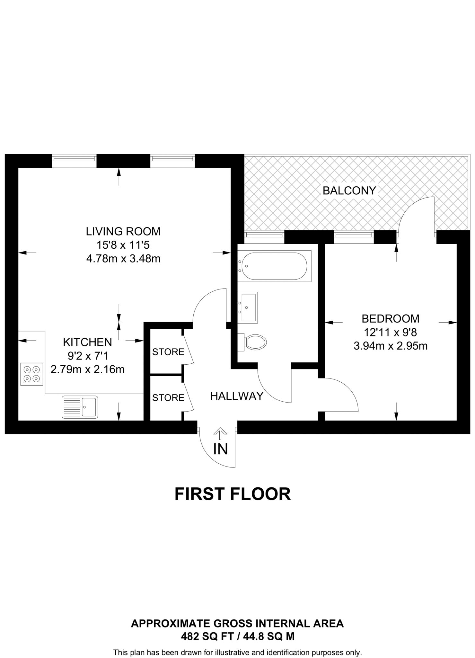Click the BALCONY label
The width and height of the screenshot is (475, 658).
(x=349, y=191)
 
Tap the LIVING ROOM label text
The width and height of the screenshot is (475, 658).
(x=123, y=231)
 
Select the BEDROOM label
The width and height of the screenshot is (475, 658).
(x=390, y=318)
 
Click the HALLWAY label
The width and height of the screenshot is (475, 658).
(x=237, y=396)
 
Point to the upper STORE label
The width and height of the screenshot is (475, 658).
(x=168, y=352)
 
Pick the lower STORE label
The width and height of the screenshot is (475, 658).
(x=168, y=398)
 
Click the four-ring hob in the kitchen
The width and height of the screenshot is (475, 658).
(x=32, y=374)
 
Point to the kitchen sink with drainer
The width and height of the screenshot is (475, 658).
(x=80, y=407)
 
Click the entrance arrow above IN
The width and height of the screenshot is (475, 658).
(x=220, y=434)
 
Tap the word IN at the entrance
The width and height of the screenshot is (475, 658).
(x=220, y=449)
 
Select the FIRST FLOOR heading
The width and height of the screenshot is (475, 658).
(x=233, y=494)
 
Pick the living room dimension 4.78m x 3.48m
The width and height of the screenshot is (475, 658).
(x=123, y=259)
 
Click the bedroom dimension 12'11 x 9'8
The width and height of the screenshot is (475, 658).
(x=390, y=332)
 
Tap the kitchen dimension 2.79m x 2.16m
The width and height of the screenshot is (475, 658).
(x=87, y=369)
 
